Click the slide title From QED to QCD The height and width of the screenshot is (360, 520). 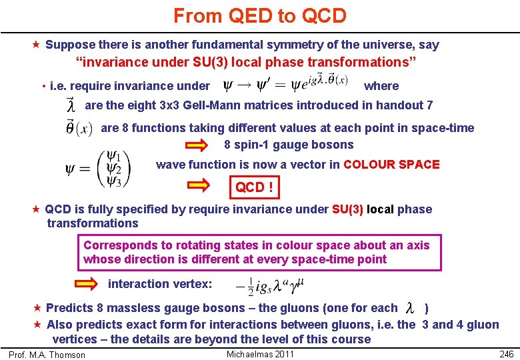(260, 16)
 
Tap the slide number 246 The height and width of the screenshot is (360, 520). (506, 354)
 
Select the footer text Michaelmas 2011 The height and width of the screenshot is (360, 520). (260, 354)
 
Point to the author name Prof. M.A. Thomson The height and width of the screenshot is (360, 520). (47, 355)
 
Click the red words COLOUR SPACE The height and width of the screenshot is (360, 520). (391, 165)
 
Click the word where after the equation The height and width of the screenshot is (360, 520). (381, 86)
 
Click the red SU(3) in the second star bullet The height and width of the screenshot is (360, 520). (347, 209)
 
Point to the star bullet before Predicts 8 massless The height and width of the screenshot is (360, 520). (37, 308)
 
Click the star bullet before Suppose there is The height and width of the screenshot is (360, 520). (37, 45)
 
